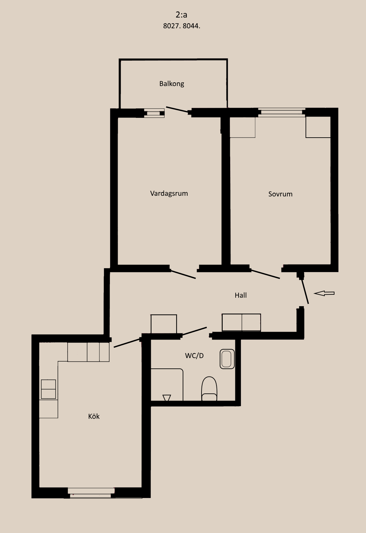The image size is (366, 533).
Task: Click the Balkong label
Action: pyautogui.click(x=172, y=84)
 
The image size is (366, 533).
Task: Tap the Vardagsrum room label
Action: pyautogui.click(x=169, y=193)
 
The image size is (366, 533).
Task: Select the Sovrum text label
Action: pyautogui.click(x=280, y=194)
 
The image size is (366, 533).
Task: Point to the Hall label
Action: pyautogui.click(x=241, y=295)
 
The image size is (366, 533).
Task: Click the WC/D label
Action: pyautogui.click(x=194, y=356)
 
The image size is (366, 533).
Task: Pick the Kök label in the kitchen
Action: pyautogui.click(x=94, y=416)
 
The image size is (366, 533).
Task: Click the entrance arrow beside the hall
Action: pyautogui.click(x=324, y=293)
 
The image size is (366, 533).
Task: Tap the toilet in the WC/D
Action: pyautogui.click(x=209, y=389)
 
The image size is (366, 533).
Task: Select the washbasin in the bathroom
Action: pyautogui.click(x=227, y=359)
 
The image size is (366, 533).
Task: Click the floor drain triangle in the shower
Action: pyautogui.click(x=167, y=398)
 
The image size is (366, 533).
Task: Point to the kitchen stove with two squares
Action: pyautogui.click(x=48, y=389)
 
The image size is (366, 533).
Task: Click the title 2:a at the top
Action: pyautogui.click(x=181, y=15)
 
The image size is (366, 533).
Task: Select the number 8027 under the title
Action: pyautogui.click(x=171, y=26)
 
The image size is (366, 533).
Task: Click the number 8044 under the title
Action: pyautogui.click(x=191, y=26)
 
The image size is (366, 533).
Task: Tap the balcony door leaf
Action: pyautogui.click(x=177, y=109)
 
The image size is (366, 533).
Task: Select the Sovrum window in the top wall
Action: pyautogui.click(x=282, y=112)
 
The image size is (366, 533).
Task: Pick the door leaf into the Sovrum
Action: pyautogui.click(x=265, y=274)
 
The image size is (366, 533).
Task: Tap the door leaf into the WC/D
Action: pyautogui.click(x=194, y=331)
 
